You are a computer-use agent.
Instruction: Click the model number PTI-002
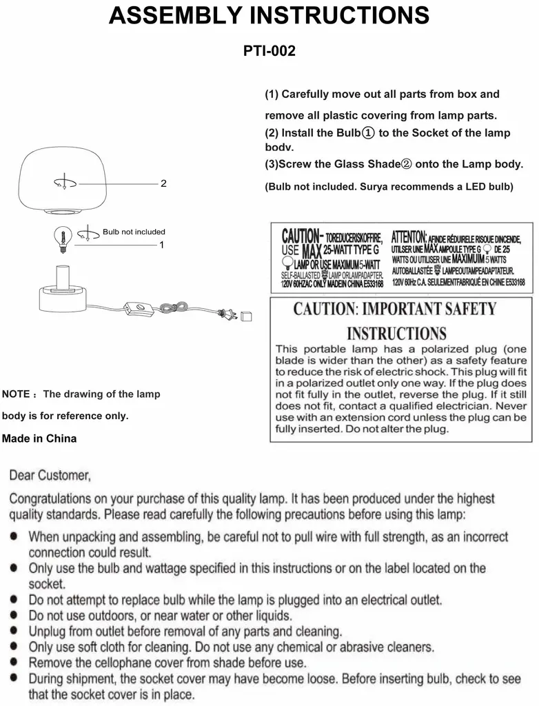(x=269, y=51)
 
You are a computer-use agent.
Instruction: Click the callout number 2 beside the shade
(x=163, y=184)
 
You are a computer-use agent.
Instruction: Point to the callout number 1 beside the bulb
(x=161, y=244)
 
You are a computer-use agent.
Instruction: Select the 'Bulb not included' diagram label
(x=134, y=232)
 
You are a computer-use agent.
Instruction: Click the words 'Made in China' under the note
(x=39, y=438)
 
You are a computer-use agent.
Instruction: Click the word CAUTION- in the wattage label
(x=299, y=236)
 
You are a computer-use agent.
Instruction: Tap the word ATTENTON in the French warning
(x=409, y=236)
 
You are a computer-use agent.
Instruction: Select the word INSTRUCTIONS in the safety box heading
(x=396, y=334)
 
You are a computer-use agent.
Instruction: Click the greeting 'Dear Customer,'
(x=50, y=476)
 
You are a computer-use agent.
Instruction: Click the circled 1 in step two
(x=367, y=132)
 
